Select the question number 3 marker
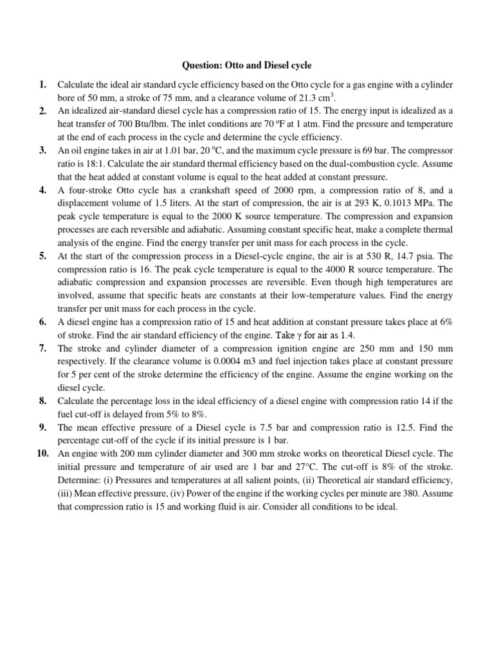[x=42, y=150]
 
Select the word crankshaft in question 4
[x=187, y=190]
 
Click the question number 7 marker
[x=42, y=348]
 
